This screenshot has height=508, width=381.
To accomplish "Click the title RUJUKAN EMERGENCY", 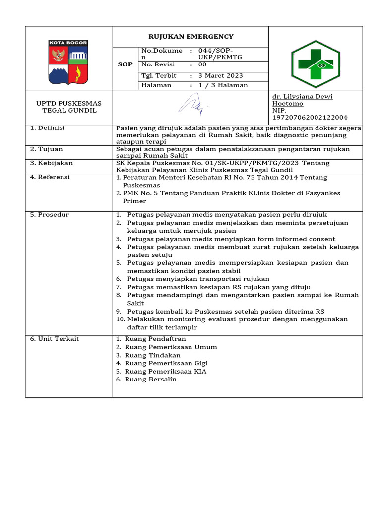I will pyautogui.click(x=191, y=37).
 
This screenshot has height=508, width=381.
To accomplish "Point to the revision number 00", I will pyautogui.click(x=202, y=64).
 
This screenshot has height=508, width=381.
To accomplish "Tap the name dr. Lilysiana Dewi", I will pyautogui.click(x=302, y=97).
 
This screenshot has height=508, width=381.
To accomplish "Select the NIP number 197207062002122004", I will pyautogui.click(x=310, y=118).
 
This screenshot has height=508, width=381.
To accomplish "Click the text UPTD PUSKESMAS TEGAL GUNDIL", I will pyautogui.click(x=69, y=107).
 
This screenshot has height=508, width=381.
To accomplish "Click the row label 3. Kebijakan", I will pyautogui.click(x=52, y=163).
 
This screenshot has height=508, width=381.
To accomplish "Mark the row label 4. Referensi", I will pyautogui.click(x=50, y=177).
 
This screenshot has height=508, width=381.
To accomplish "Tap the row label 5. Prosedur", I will pyautogui.click(x=49, y=215).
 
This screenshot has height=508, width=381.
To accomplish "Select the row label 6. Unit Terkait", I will pyautogui.click(x=55, y=339).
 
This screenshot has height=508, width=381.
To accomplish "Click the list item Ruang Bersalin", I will pyautogui.click(x=150, y=380).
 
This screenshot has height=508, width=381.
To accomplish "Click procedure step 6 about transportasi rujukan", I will pyautogui.click(x=198, y=279).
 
